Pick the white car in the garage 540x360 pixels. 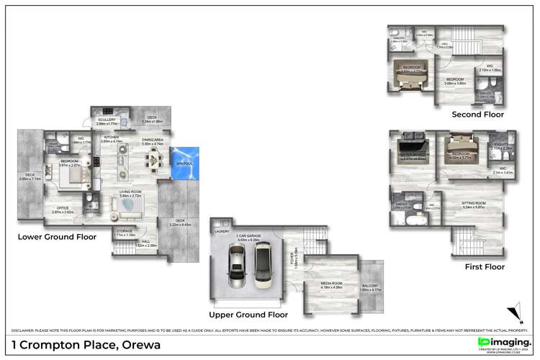[x=263, y=262]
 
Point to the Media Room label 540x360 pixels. [x=333, y=284]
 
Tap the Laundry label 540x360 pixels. [x=221, y=232]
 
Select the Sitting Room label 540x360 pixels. [x=473, y=203]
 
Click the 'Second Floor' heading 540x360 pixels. [x=477, y=114]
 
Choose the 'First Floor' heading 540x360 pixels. [x=485, y=266]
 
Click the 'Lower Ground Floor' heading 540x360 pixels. [x=57, y=236]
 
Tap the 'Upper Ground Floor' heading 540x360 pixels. [x=248, y=315]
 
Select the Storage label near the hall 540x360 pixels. [x=125, y=231]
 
